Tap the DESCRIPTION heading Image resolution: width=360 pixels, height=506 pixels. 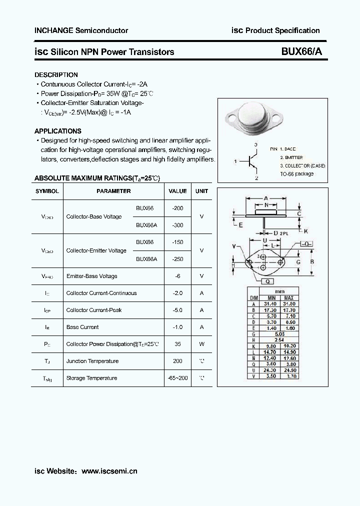(56, 75)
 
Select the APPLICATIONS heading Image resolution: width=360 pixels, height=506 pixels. (57, 131)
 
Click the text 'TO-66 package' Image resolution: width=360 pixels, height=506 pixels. (296, 173)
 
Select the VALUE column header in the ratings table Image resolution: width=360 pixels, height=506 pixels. (177, 191)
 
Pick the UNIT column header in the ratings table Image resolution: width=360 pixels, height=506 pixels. (201, 191)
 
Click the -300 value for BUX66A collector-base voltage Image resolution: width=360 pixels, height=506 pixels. (177, 225)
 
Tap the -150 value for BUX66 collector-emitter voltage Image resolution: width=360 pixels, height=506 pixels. (177, 242)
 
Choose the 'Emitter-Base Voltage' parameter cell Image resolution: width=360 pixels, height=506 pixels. (91, 276)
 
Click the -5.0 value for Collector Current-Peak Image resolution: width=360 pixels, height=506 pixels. (177, 310)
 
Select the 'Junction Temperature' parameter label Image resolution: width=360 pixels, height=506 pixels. (92, 361)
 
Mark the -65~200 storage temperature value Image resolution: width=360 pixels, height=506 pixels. (177, 378)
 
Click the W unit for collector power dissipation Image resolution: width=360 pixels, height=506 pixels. (201, 344)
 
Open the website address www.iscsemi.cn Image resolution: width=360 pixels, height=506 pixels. (109, 471)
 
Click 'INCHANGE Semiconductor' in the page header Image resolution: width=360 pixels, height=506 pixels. (81, 30)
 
